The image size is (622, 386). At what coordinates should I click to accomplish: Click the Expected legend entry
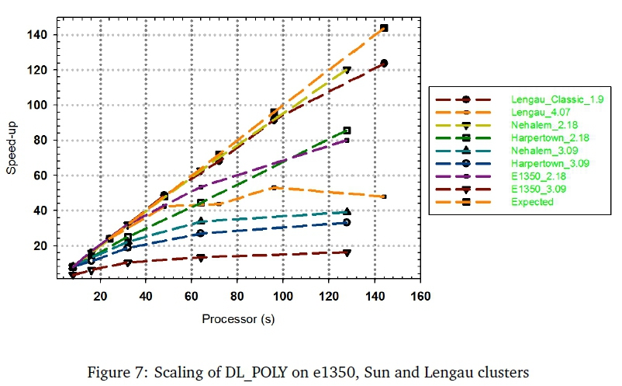(532, 202)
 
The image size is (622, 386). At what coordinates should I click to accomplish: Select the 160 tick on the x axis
(420, 296)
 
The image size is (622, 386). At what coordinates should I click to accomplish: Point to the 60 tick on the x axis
(191, 296)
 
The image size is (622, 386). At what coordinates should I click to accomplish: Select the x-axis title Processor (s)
(238, 319)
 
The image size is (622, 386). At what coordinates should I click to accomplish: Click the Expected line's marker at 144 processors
(384, 29)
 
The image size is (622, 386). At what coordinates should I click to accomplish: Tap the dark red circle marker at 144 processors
(384, 63)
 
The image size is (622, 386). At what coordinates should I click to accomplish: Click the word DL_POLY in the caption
(295, 372)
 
